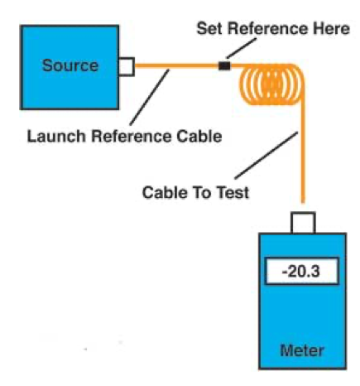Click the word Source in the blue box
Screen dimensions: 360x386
click(70, 65)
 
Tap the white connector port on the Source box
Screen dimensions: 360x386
click(127, 66)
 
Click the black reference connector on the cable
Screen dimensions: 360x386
click(224, 66)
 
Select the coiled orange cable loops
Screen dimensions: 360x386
click(271, 84)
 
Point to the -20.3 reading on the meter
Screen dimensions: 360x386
click(300, 271)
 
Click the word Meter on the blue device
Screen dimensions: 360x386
click(302, 350)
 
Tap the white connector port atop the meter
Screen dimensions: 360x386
click(303, 223)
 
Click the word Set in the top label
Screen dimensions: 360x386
click(209, 28)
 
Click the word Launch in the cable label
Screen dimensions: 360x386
click(56, 137)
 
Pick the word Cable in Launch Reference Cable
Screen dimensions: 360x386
click(199, 137)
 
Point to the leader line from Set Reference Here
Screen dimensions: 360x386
click(242, 48)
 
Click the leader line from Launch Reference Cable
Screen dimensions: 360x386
click(150, 98)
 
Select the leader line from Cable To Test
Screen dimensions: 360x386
click(266, 156)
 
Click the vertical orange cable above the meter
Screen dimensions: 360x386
click(303, 155)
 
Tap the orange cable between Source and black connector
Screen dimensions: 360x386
click(176, 66)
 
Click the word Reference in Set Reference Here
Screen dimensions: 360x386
click(267, 28)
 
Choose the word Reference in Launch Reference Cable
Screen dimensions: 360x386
click(132, 137)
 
